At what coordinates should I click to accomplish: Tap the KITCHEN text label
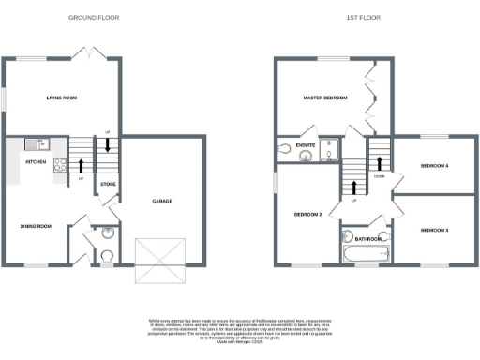(x=22, y=162)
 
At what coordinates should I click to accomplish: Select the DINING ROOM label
(x=36, y=226)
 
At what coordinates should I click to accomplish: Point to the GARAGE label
(x=162, y=201)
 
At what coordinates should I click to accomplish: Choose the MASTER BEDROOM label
(x=325, y=97)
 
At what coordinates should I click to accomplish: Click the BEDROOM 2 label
(x=308, y=215)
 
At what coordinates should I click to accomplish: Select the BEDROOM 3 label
(x=435, y=230)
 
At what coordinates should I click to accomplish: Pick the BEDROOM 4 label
(x=434, y=166)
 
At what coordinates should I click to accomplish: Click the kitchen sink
(x=34, y=143)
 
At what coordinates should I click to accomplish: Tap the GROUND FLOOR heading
(x=91, y=18)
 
